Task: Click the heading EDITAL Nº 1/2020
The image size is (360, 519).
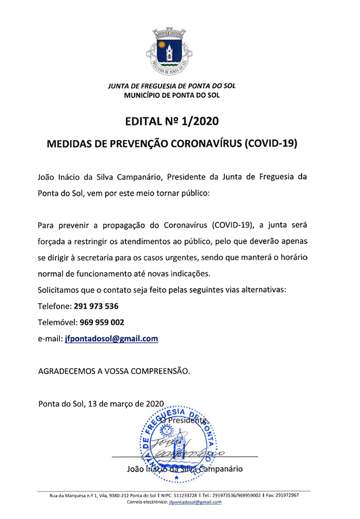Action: click(x=172, y=121)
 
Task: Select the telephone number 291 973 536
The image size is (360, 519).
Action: click(x=96, y=306)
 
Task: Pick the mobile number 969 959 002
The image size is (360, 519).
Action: click(x=102, y=322)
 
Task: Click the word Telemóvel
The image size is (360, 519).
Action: click(x=57, y=322)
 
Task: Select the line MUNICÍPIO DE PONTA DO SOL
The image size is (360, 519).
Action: click(x=172, y=95)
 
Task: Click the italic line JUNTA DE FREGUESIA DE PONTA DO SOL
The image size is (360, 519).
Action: click(x=172, y=85)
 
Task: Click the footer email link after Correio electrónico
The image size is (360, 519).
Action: click(x=195, y=502)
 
